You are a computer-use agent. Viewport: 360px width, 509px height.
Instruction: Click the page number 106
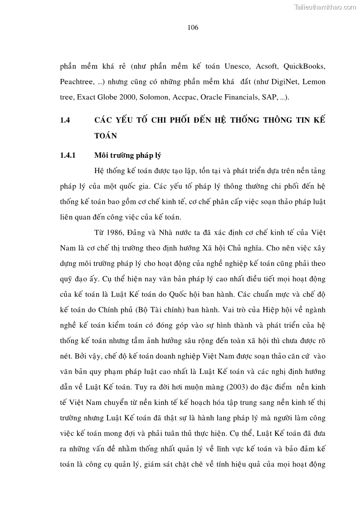193,27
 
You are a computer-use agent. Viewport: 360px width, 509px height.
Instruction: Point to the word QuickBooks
304,66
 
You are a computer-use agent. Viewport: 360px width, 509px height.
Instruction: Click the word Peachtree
74,82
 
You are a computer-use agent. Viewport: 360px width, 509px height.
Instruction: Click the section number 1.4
64,121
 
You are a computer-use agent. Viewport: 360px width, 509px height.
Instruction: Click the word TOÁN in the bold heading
106,136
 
